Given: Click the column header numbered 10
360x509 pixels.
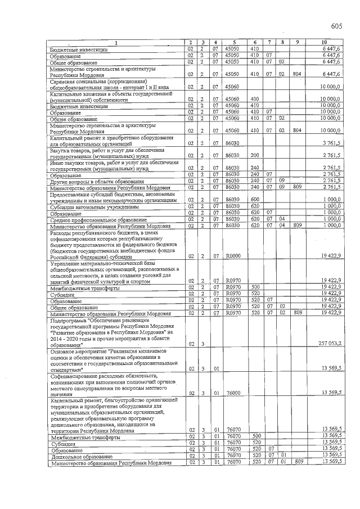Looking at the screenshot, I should click(323, 43).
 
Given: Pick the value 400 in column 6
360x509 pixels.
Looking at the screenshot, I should click(254, 99).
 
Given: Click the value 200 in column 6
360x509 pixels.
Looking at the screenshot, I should click(254, 155).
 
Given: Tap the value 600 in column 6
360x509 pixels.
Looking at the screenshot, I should click(254, 200).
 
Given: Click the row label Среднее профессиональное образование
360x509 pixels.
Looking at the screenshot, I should click(90, 219).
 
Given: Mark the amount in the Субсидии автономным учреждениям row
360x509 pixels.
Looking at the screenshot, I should click(332, 206).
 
